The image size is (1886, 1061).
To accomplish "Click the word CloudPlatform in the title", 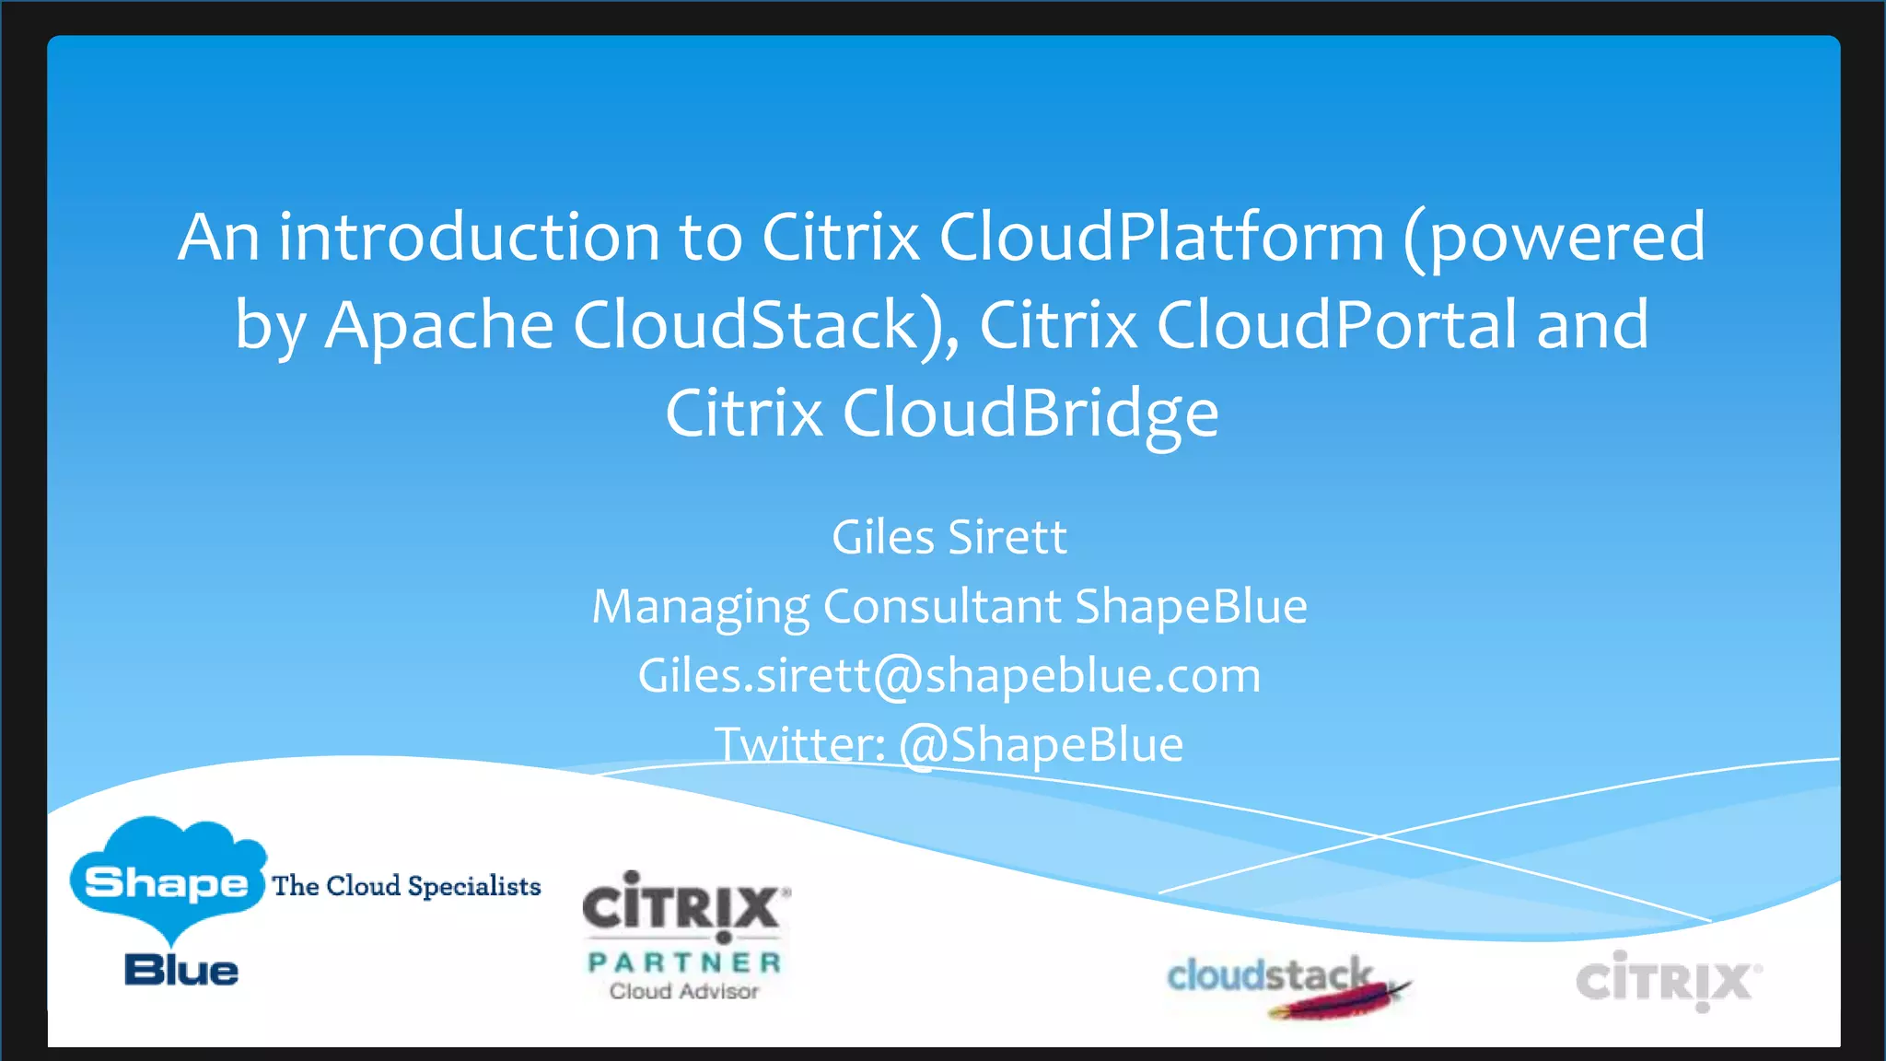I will click(1161, 237).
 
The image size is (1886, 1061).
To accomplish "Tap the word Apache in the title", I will click(438, 325).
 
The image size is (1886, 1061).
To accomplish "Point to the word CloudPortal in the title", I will click(1336, 325).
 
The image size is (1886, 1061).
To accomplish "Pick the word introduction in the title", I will click(470, 237).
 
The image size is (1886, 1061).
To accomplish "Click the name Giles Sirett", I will click(949, 537).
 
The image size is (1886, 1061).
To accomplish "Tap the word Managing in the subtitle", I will click(700, 607).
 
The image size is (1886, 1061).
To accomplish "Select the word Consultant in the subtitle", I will click(941, 607).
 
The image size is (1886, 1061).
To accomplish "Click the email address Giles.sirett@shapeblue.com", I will click(949, 676).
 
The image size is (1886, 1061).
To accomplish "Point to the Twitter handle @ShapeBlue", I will click(1041, 744).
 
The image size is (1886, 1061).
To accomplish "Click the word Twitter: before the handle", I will click(799, 744).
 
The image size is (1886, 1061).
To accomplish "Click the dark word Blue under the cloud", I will click(181, 971).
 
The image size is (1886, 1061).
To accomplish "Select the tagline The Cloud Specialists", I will click(406, 886).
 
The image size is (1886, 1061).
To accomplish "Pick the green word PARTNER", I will click(684, 962).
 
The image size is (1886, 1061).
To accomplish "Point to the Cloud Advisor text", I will click(684, 992).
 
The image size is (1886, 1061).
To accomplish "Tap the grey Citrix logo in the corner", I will click(1667, 981).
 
